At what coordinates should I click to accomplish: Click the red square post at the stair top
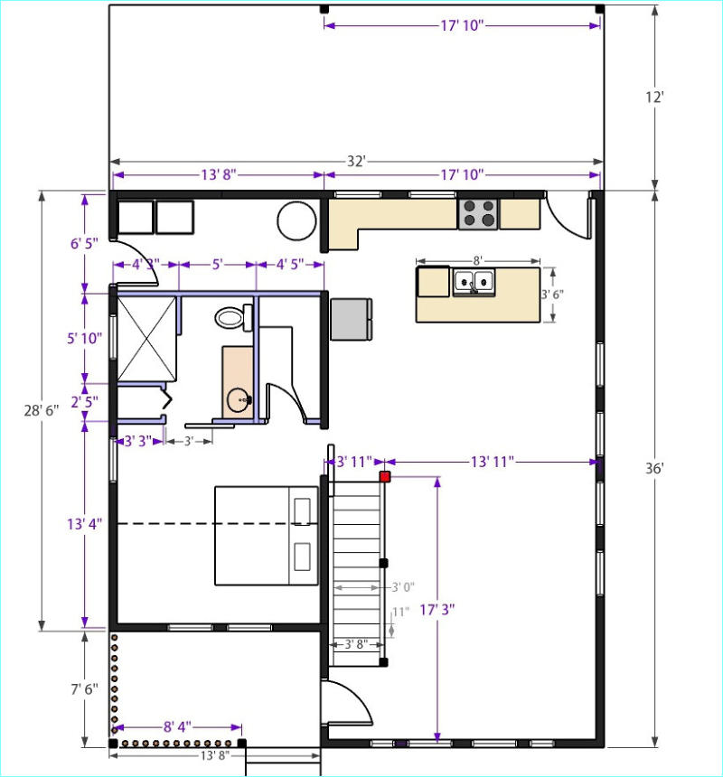pyautogui.click(x=384, y=477)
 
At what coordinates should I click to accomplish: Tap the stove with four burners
pyautogui.click(x=478, y=213)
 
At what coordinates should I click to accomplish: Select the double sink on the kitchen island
pyautogui.click(x=474, y=283)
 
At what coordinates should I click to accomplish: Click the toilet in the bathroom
pyautogui.click(x=234, y=317)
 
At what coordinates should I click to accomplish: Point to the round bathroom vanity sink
pyautogui.click(x=239, y=399)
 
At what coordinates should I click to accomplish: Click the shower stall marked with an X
pyautogui.click(x=146, y=339)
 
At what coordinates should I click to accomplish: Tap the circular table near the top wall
pyautogui.click(x=296, y=221)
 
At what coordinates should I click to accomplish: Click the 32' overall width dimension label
pyautogui.click(x=356, y=162)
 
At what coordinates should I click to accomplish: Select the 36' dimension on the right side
pyautogui.click(x=654, y=468)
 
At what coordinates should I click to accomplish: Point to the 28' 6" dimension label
pyautogui.click(x=42, y=410)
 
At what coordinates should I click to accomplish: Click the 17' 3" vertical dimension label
pyautogui.click(x=437, y=610)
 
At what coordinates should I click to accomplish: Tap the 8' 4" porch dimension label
pyautogui.click(x=177, y=727)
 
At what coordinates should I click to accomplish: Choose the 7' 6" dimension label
pyautogui.click(x=84, y=689)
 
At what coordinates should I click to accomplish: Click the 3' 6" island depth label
pyautogui.click(x=552, y=295)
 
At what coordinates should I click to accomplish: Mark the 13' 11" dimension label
pyautogui.click(x=492, y=462)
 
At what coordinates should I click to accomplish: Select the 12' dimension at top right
pyautogui.click(x=654, y=98)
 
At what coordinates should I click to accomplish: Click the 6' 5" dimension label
pyautogui.click(x=84, y=243)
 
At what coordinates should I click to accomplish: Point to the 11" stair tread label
pyautogui.click(x=401, y=612)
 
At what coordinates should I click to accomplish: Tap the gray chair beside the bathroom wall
pyautogui.click(x=352, y=319)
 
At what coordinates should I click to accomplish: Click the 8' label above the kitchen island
pyautogui.click(x=478, y=260)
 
